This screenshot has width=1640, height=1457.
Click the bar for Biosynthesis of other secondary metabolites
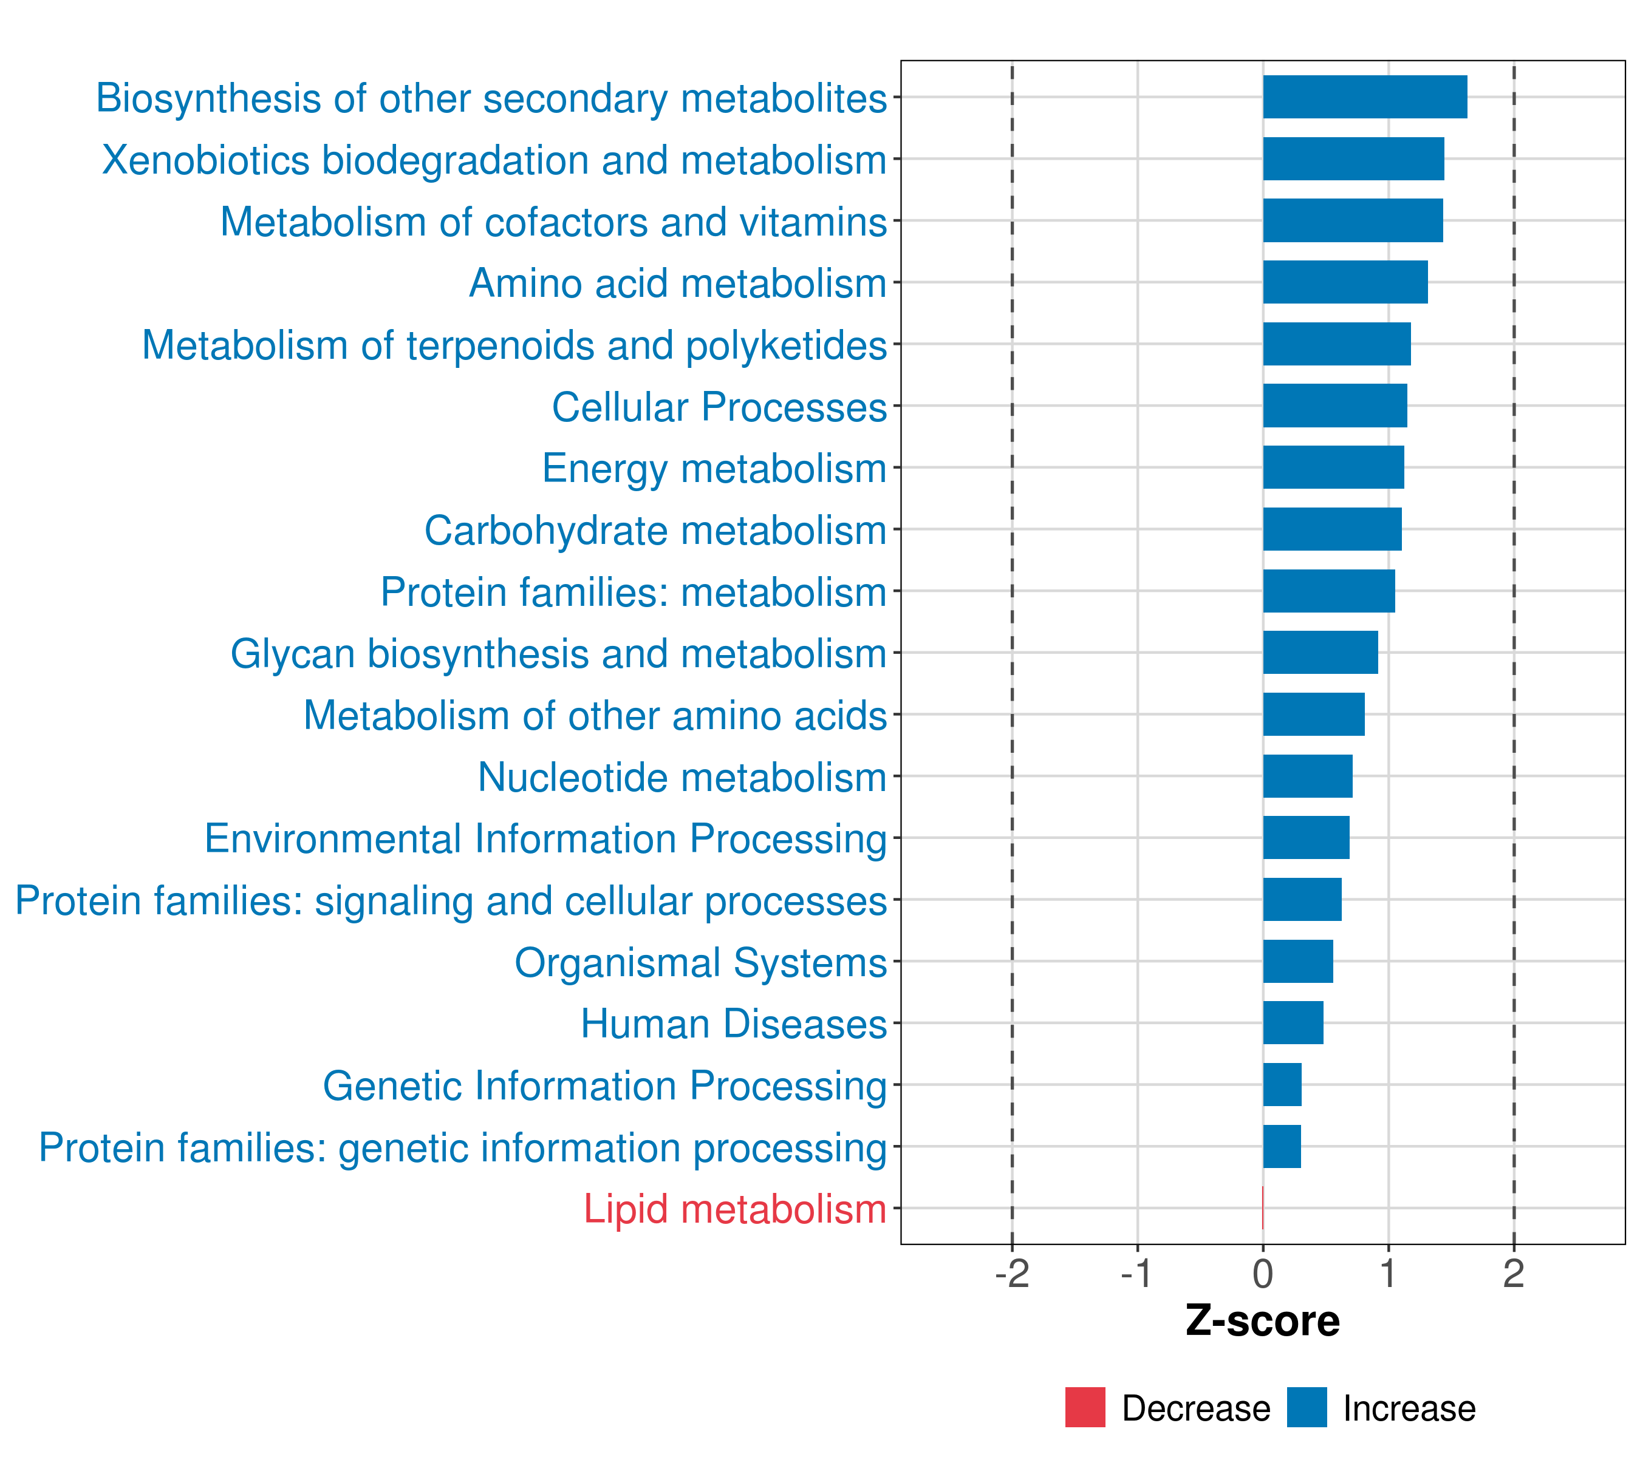click(1365, 97)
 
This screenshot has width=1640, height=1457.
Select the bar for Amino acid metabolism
click(1345, 282)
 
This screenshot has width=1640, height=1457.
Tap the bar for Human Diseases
click(1293, 1022)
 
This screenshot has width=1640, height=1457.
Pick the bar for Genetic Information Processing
click(1282, 1084)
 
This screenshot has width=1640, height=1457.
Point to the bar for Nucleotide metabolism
click(1308, 776)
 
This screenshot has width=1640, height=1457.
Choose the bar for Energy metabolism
click(1333, 467)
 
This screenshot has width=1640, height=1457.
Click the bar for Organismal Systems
click(1298, 960)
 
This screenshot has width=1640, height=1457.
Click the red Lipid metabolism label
click(735, 1209)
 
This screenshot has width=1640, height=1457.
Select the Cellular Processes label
click(720, 407)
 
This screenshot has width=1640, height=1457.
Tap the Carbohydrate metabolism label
click(655, 531)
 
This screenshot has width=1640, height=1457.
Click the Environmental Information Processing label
click(545, 840)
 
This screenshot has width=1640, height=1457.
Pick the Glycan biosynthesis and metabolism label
click(558, 654)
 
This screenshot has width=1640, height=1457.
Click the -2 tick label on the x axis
click(1012, 1274)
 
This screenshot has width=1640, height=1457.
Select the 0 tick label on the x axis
click(1263, 1274)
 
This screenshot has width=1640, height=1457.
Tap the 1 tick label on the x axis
click(1388, 1274)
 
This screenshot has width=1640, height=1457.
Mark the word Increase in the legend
click(1409, 1409)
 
